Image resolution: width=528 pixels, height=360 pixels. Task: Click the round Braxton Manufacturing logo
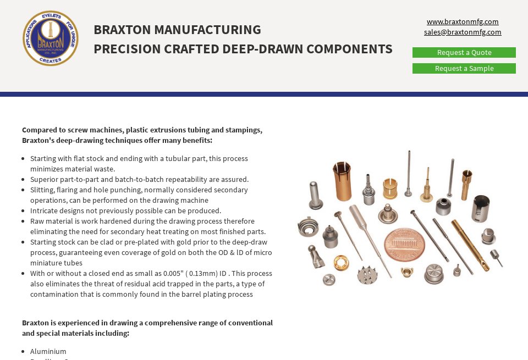point(51,38)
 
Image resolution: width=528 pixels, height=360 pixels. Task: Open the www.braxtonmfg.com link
point(463,22)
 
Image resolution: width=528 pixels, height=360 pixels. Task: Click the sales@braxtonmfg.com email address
point(463,32)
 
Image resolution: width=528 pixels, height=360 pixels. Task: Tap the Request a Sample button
point(464,69)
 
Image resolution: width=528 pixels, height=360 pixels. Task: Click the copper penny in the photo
point(404,244)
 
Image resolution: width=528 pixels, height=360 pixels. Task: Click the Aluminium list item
point(48,352)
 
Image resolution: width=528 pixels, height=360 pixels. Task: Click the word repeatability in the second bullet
point(193,180)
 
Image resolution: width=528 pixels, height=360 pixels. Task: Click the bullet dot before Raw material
point(24,221)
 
